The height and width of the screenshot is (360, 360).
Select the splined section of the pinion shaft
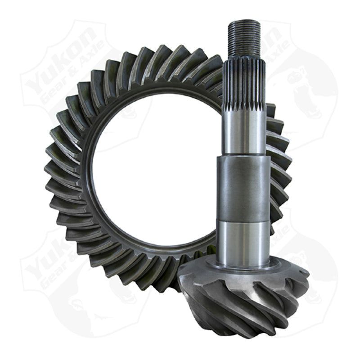244,85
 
